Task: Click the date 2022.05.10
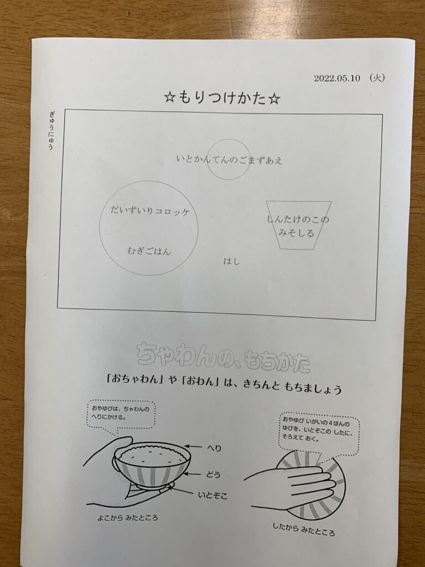tap(337, 79)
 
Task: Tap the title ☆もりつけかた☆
tap(222, 98)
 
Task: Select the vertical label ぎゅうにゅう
tap(51, 131)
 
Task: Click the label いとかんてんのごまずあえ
tap(230, 159)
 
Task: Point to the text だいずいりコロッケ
tap(149, 211)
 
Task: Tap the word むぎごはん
tap(149, 251)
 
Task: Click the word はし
tap(232, 261)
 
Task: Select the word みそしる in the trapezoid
tap(297, 233)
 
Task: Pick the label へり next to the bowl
tap(214, 449)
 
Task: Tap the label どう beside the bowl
tap(213, 475)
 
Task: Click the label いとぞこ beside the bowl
tap(212, 495)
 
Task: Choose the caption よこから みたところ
tap(128, 518)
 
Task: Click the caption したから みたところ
tap(304, 529)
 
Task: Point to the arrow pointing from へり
tap(193, 447)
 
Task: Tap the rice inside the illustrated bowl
tap(152, 456)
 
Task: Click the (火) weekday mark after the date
tap(377, 78)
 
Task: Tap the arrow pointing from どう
tap(194, 474)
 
